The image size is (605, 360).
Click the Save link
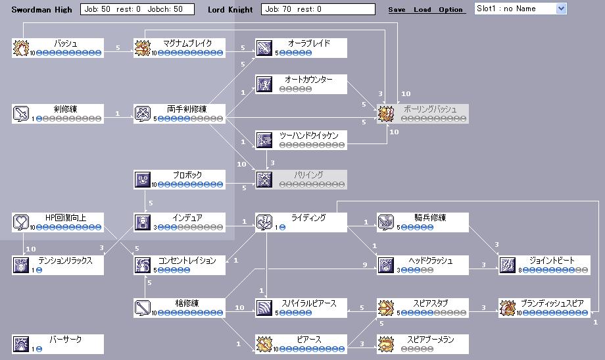pos(397,10)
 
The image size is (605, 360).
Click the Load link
pos(422,10)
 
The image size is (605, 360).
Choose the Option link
pos(450,10)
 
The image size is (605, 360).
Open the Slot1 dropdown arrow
pos(560,9)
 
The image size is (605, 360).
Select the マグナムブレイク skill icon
pos(143,48)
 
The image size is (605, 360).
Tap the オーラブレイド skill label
pos(308,43)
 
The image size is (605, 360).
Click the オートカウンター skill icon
pos(264,84)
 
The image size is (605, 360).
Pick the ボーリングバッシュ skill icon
pos(386,113)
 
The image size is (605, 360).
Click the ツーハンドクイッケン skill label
pos(308,136)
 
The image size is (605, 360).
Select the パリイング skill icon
pos(264,179)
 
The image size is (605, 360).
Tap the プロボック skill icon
pos(143,179)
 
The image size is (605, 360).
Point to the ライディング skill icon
pos(264,222)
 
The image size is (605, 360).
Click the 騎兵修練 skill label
pos(431,218)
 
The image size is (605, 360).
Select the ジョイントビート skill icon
pos(508,265)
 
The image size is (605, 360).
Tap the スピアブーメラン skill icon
pos(386,344)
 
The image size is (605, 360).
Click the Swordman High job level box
pos(137,9)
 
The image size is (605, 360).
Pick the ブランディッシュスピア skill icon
pos(508,308)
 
